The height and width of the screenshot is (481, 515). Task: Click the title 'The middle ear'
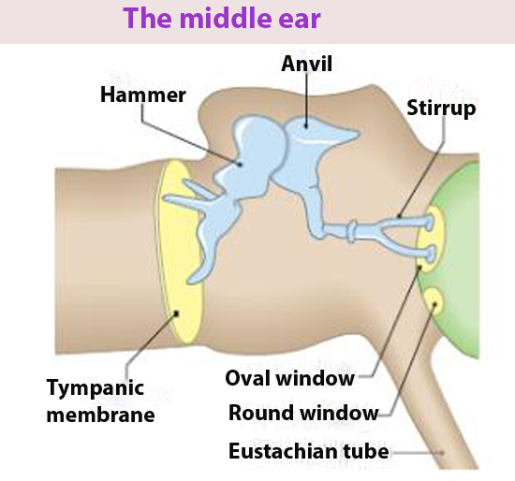point(222,18)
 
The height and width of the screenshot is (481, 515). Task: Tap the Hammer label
point(143,95)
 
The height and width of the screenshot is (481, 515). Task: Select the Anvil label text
point(307,64)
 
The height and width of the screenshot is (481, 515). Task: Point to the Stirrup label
point(441,109)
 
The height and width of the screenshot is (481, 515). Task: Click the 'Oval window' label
point(289,378)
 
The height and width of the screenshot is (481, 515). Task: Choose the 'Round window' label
point(303,413)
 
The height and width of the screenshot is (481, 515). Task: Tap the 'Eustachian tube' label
point(308,451)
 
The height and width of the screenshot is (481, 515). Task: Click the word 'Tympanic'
point(96,388)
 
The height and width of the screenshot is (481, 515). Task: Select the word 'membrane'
point(100,415)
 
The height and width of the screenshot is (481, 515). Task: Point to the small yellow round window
point(433,300)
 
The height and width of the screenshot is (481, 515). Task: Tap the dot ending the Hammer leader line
point(240,164)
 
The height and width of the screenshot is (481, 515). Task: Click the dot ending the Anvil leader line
point(306,126)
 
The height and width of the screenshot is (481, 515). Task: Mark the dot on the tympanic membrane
point(176,313)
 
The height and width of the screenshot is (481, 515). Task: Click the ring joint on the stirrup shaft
point(352,231)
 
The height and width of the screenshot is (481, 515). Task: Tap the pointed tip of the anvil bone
point(358,134)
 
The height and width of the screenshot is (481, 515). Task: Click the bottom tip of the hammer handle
point(190,281)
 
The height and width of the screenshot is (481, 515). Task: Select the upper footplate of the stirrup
point(429,223)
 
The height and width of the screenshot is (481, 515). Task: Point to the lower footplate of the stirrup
point(431,254)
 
